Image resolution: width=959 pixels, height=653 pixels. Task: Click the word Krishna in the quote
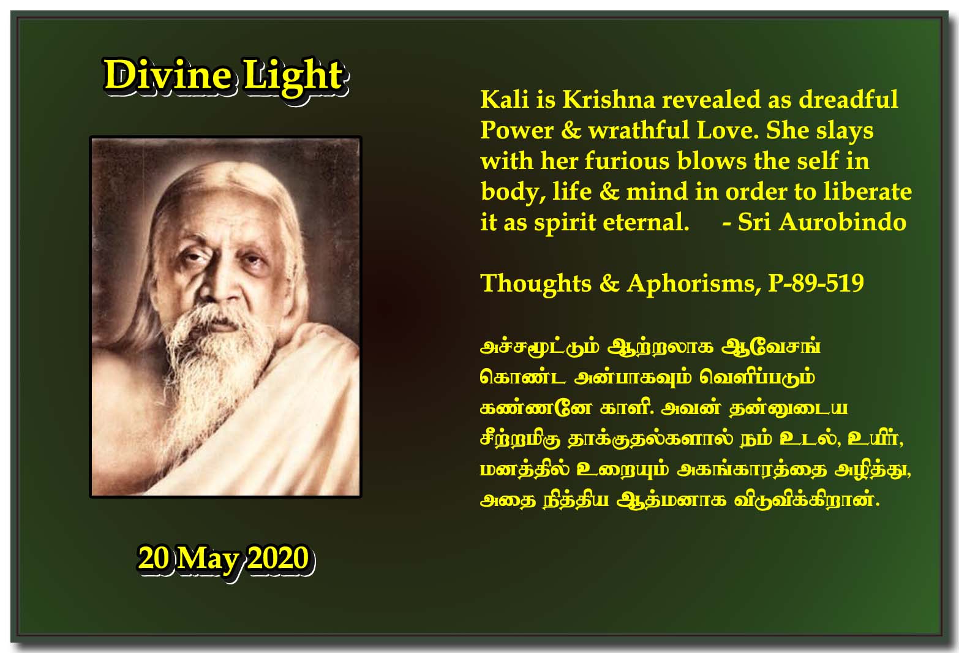click(x=608, y=99)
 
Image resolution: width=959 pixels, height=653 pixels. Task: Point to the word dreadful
click(x=849, y=99)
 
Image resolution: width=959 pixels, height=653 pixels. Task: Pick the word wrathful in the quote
click(x=638, y=130)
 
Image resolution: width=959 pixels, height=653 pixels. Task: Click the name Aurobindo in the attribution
click(x=843, y=222)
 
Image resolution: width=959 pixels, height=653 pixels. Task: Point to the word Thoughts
click(x=536, y=284)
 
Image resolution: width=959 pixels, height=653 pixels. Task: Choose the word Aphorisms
click(x=694, y=284)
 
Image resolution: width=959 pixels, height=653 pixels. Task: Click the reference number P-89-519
click(x=816, y=284)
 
